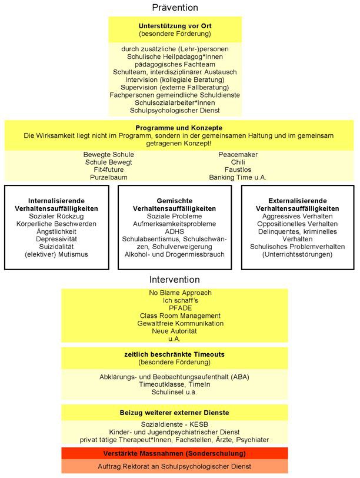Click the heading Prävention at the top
(175, 8)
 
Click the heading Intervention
(175, 280)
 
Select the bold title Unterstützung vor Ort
(175, 26)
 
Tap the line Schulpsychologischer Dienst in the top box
(175, 110)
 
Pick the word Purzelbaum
(109, 177)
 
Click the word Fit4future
(109, 170)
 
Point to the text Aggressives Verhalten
(298, 216)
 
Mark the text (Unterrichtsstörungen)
(298, 254)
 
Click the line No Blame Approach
(175, 293)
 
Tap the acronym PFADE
(175, 308)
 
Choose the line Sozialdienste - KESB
(175, 424)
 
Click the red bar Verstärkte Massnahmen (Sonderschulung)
(175, 453)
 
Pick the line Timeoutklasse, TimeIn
(175, 384)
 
